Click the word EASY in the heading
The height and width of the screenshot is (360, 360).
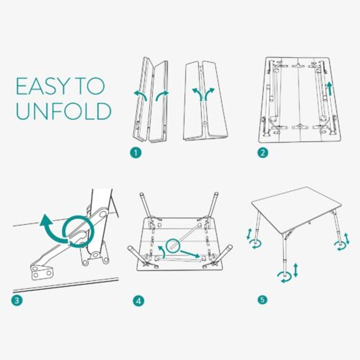[x=44, y=86]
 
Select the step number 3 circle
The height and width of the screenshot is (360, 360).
[x=16, y=301]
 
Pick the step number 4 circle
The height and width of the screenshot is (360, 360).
[x=139, y=301]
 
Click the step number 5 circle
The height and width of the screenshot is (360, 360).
[x=263, y=299]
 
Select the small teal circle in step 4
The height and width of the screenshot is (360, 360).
[x=173, y=246]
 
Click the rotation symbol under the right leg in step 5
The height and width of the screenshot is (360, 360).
[x=340, y=245]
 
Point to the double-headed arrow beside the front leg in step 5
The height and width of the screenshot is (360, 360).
[x=296, y=270]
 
